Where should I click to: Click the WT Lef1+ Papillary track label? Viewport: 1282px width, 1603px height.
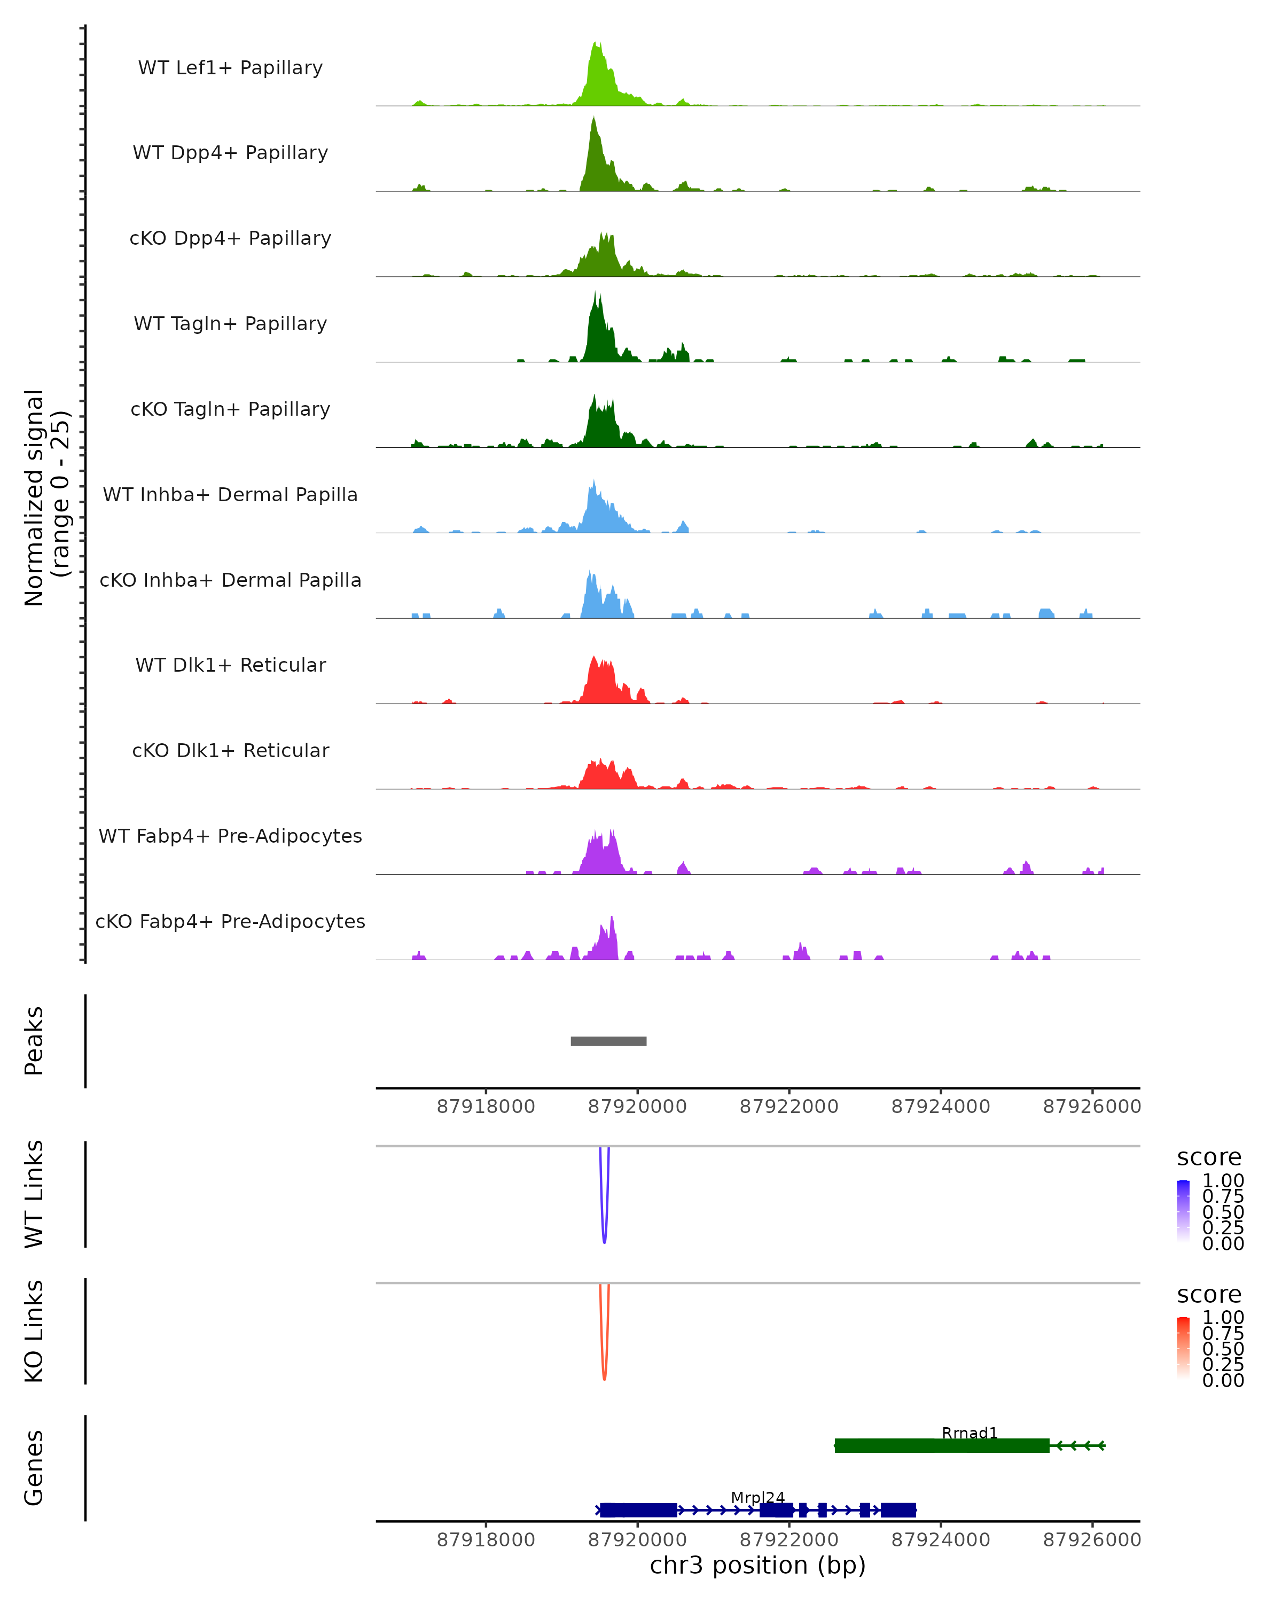coord(230,68)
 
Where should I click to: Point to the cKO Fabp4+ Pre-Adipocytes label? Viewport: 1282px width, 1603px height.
coord(230,921)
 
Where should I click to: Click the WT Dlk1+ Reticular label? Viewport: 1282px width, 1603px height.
coord(230,665)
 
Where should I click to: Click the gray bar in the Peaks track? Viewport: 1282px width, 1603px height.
coord(608,1041)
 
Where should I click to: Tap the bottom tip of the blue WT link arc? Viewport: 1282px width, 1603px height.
coord(604,1242)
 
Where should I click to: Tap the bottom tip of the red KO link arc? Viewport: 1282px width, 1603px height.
coord(604,1379)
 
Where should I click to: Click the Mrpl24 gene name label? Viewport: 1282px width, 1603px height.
coord(757,1497)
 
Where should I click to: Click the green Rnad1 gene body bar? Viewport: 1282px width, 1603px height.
coord(942,1445)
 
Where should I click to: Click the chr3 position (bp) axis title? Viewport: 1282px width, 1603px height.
coord(757,1565)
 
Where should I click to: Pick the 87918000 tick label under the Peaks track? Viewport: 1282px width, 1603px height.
coord(486,1107)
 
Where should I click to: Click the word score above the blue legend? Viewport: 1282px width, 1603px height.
coord(1208,1157)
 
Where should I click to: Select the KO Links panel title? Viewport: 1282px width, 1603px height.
coord(34,1331)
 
